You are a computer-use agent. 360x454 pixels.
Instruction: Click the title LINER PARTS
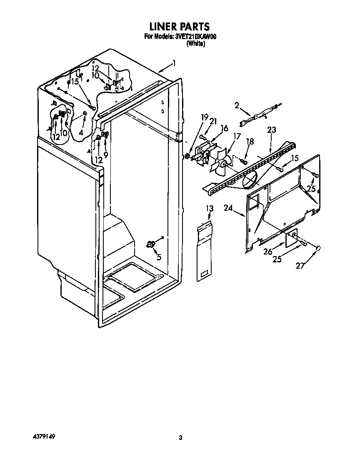pos(180,27)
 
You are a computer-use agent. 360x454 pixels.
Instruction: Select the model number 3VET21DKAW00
pos(195,37)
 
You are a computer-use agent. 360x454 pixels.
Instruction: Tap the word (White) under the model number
pos(195,43)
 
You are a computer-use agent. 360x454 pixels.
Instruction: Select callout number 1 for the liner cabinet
pos(174,64)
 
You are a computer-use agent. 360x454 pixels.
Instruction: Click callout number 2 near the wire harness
pos(237,106)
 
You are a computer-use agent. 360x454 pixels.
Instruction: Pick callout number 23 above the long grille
pos(271,130)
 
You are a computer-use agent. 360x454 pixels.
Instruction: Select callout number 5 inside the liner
pos(158,257)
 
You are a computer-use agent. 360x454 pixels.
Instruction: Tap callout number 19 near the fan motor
pos(205,117)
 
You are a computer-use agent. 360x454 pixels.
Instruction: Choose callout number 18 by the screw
pos(250,142)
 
